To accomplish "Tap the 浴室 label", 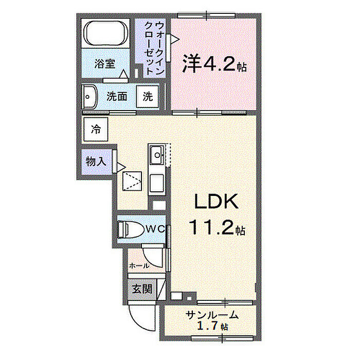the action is point(104,64).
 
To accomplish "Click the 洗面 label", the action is point(117,96).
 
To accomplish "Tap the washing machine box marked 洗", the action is point(148,96).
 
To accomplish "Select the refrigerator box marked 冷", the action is point(96,129).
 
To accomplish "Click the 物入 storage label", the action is point(95,161).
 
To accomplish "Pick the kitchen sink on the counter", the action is point(156,153).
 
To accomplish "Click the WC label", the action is point(153,229).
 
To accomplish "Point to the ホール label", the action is point(139,266).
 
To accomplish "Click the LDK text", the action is point(215,202).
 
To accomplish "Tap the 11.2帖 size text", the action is point(215,227).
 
